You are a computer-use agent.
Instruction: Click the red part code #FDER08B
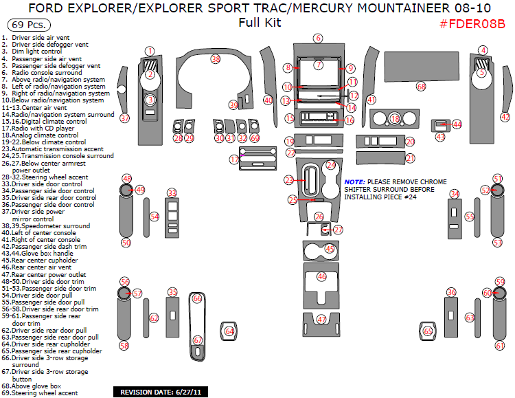pyautogui.click(x=472, y=24)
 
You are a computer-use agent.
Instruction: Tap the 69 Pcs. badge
pyautogui.click(x=29, y=25)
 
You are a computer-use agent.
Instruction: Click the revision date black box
pyautogui.click(x=161, y=392)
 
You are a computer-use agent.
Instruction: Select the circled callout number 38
pyautogui.click(x=216, y=59)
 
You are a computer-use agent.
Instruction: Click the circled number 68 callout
pyautogui.click(x=421, y=87)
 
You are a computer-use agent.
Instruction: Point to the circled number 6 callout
pyautogui.click(x=318, y=38)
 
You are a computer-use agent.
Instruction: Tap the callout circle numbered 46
pyautogui.click(x=322, y=276)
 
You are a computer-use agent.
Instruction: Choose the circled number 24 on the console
pyautogui.click(x=331, y=165)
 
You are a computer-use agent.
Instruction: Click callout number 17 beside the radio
pyautogui.click(x=234, y=160)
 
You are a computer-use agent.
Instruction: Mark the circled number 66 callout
pyautogui.click(x=197, y=298)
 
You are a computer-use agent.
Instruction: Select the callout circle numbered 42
pyautogui.click(x=505, y=117)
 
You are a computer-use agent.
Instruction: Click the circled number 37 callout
pyautogui.click(x=125, y=118)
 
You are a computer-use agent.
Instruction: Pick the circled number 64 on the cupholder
pyautogui.click(x=229, y=331)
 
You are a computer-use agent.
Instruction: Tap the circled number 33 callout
pyautogui.click(x=172, y=193)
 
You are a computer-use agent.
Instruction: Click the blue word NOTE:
pyautogui.click(x=355, y=182)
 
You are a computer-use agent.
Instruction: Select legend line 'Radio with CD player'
pyautogui.click(x=38, y=129)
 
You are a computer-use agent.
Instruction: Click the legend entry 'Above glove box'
pyautogui.click(x=32, y=386)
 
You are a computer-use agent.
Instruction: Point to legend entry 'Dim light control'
pyautogui.click(x=32, y=52)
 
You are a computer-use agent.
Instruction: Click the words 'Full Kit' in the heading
pyautogui.click(x=260, y=23)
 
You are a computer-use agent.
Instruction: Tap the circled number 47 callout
pyautogui.click(x=321, y=319)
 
